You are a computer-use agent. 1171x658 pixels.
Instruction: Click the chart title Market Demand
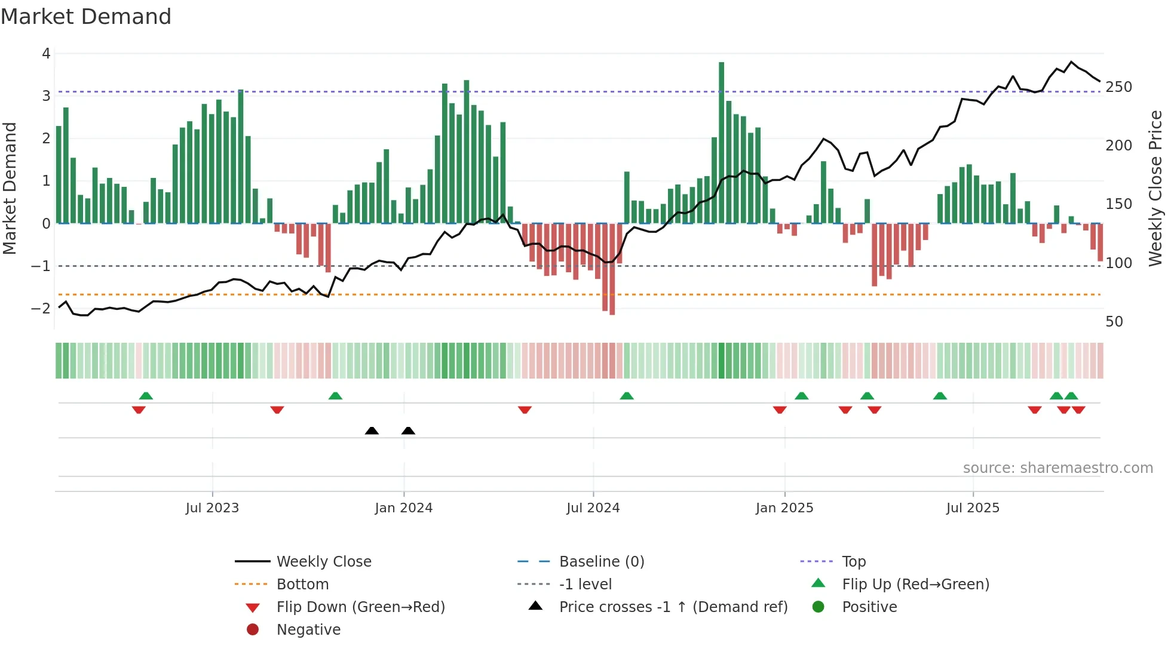tap(86, 17)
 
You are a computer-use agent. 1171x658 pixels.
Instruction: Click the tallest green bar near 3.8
tap(721, 143)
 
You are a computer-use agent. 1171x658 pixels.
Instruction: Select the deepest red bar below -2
tap(612, 269)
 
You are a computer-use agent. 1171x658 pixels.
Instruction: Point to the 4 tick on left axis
tap(46, 54)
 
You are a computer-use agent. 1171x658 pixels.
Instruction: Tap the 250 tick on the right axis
tap(1118, 87)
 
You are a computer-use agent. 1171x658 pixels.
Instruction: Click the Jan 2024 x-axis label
tap(403, 508)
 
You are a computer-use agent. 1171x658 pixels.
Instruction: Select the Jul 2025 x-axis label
tap(972, 508)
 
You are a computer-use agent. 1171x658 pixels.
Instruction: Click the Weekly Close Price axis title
tap(1155, 188)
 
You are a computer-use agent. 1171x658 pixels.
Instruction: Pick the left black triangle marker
tap(372, 431)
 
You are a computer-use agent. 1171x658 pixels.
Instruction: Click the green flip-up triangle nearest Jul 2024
tap(626, 396)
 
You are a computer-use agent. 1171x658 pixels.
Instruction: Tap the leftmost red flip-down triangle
tap(139, 410)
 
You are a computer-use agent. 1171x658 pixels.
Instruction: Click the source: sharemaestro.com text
tap(1057, 468)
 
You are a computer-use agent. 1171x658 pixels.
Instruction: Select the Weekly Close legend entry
tap(323, 562)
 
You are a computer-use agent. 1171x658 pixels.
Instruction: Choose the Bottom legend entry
tap(302, 585)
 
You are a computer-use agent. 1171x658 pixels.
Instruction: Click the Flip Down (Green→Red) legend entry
tap(360, 607)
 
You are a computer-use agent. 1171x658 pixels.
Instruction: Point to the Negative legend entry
tap(308, 630)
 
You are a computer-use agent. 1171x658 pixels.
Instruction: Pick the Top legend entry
tap(853, 562)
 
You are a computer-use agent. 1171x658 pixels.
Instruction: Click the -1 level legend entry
tap(585, 585)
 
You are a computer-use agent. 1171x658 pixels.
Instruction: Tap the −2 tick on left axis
tap(41, 309)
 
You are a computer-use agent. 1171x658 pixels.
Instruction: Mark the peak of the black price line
tap(1071, 62)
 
